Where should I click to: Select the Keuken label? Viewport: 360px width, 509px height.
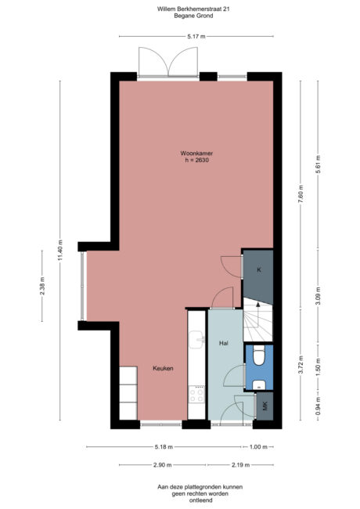click(163, 368)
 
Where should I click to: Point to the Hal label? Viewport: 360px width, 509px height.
click(223, 342)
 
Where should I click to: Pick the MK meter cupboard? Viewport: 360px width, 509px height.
click(265, 406)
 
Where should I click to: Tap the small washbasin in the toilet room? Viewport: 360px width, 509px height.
click(258, 384)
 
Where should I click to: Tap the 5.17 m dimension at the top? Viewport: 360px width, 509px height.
click(196, 36)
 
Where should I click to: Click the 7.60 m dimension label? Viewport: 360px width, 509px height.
click(300, 197)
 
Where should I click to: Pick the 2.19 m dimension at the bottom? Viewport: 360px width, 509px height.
click(240, 464)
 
